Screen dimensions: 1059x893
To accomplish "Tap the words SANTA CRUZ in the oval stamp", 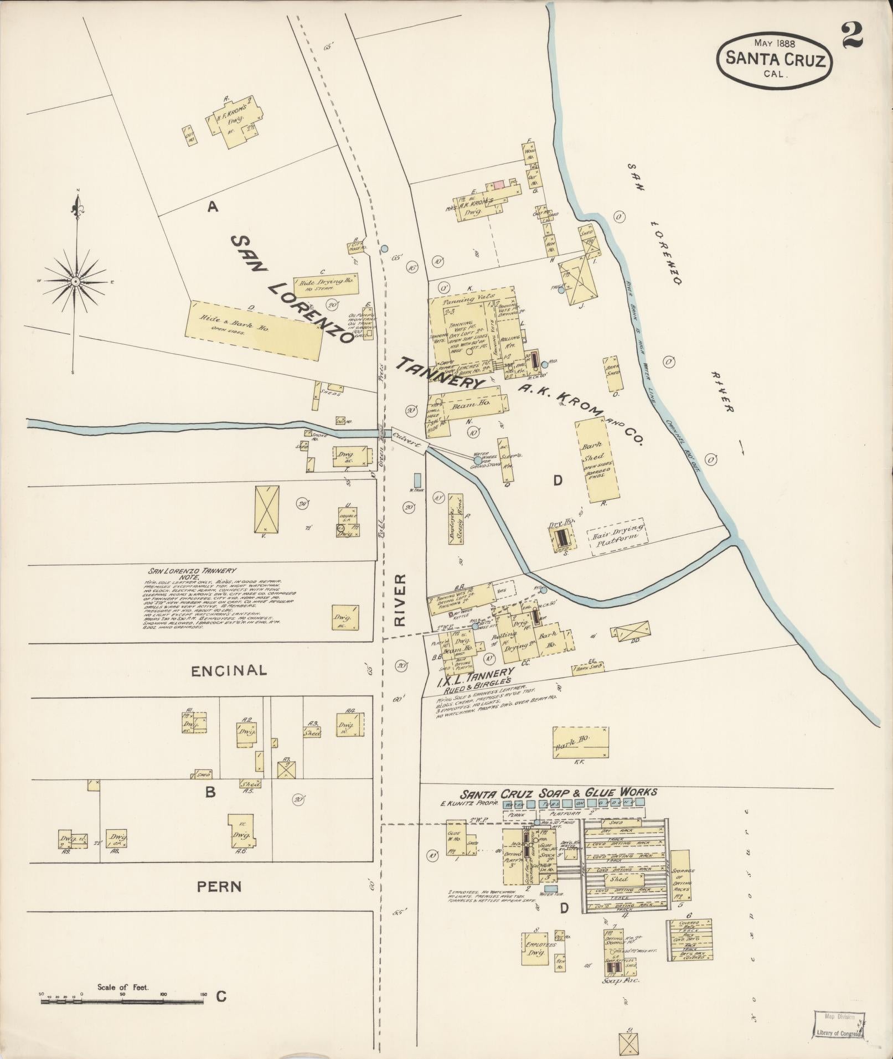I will click(x=775, y=58).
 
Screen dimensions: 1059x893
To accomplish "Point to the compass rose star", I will click(x=76, y=282).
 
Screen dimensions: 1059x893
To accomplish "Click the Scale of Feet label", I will click(x=123, y=987).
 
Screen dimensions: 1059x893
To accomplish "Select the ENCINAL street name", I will click(x=229, y=670).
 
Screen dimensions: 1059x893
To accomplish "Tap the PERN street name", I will click(x=219, y=886).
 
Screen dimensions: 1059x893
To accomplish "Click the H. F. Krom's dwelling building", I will click(x=234, y=123).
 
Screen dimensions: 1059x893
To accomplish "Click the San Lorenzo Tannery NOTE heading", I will click(x=192, y=573).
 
